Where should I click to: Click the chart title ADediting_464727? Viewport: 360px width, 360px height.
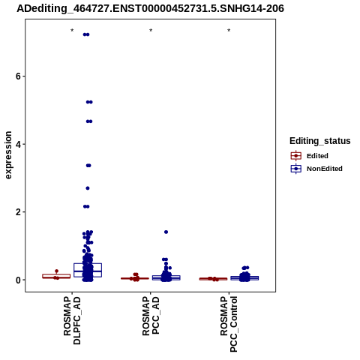[150, 9]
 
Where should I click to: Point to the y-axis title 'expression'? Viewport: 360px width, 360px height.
[8, 155]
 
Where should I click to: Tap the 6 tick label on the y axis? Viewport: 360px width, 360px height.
[18, 76]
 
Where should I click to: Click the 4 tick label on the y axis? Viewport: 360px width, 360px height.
[18, 144]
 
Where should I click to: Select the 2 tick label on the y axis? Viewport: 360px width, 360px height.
[18, 212]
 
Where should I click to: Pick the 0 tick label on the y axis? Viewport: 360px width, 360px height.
[18, 280]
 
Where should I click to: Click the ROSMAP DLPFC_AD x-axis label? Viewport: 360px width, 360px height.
[72, 320]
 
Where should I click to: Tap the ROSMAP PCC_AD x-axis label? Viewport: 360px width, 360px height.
[151, 316]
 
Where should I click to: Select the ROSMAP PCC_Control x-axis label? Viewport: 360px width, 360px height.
[229, 324]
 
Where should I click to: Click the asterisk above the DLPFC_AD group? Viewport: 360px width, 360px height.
[72, 31]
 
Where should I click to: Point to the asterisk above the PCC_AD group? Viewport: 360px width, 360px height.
[151, 31]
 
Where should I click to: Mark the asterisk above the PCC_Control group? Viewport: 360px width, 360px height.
[229, 31]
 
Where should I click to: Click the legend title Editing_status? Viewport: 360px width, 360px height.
[320, 141]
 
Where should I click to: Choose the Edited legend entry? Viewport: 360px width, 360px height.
[310, 156]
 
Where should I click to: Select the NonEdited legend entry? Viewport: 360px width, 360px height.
[316, 169]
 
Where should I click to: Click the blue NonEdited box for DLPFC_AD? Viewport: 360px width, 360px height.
[88, 270]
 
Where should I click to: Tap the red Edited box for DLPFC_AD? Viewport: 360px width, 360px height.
[56, 276]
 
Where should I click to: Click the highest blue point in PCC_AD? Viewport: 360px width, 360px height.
[166, 232]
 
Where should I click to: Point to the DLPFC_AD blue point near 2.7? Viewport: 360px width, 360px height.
[88, 188]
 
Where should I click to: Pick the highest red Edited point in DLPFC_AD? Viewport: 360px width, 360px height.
[56, 271]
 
